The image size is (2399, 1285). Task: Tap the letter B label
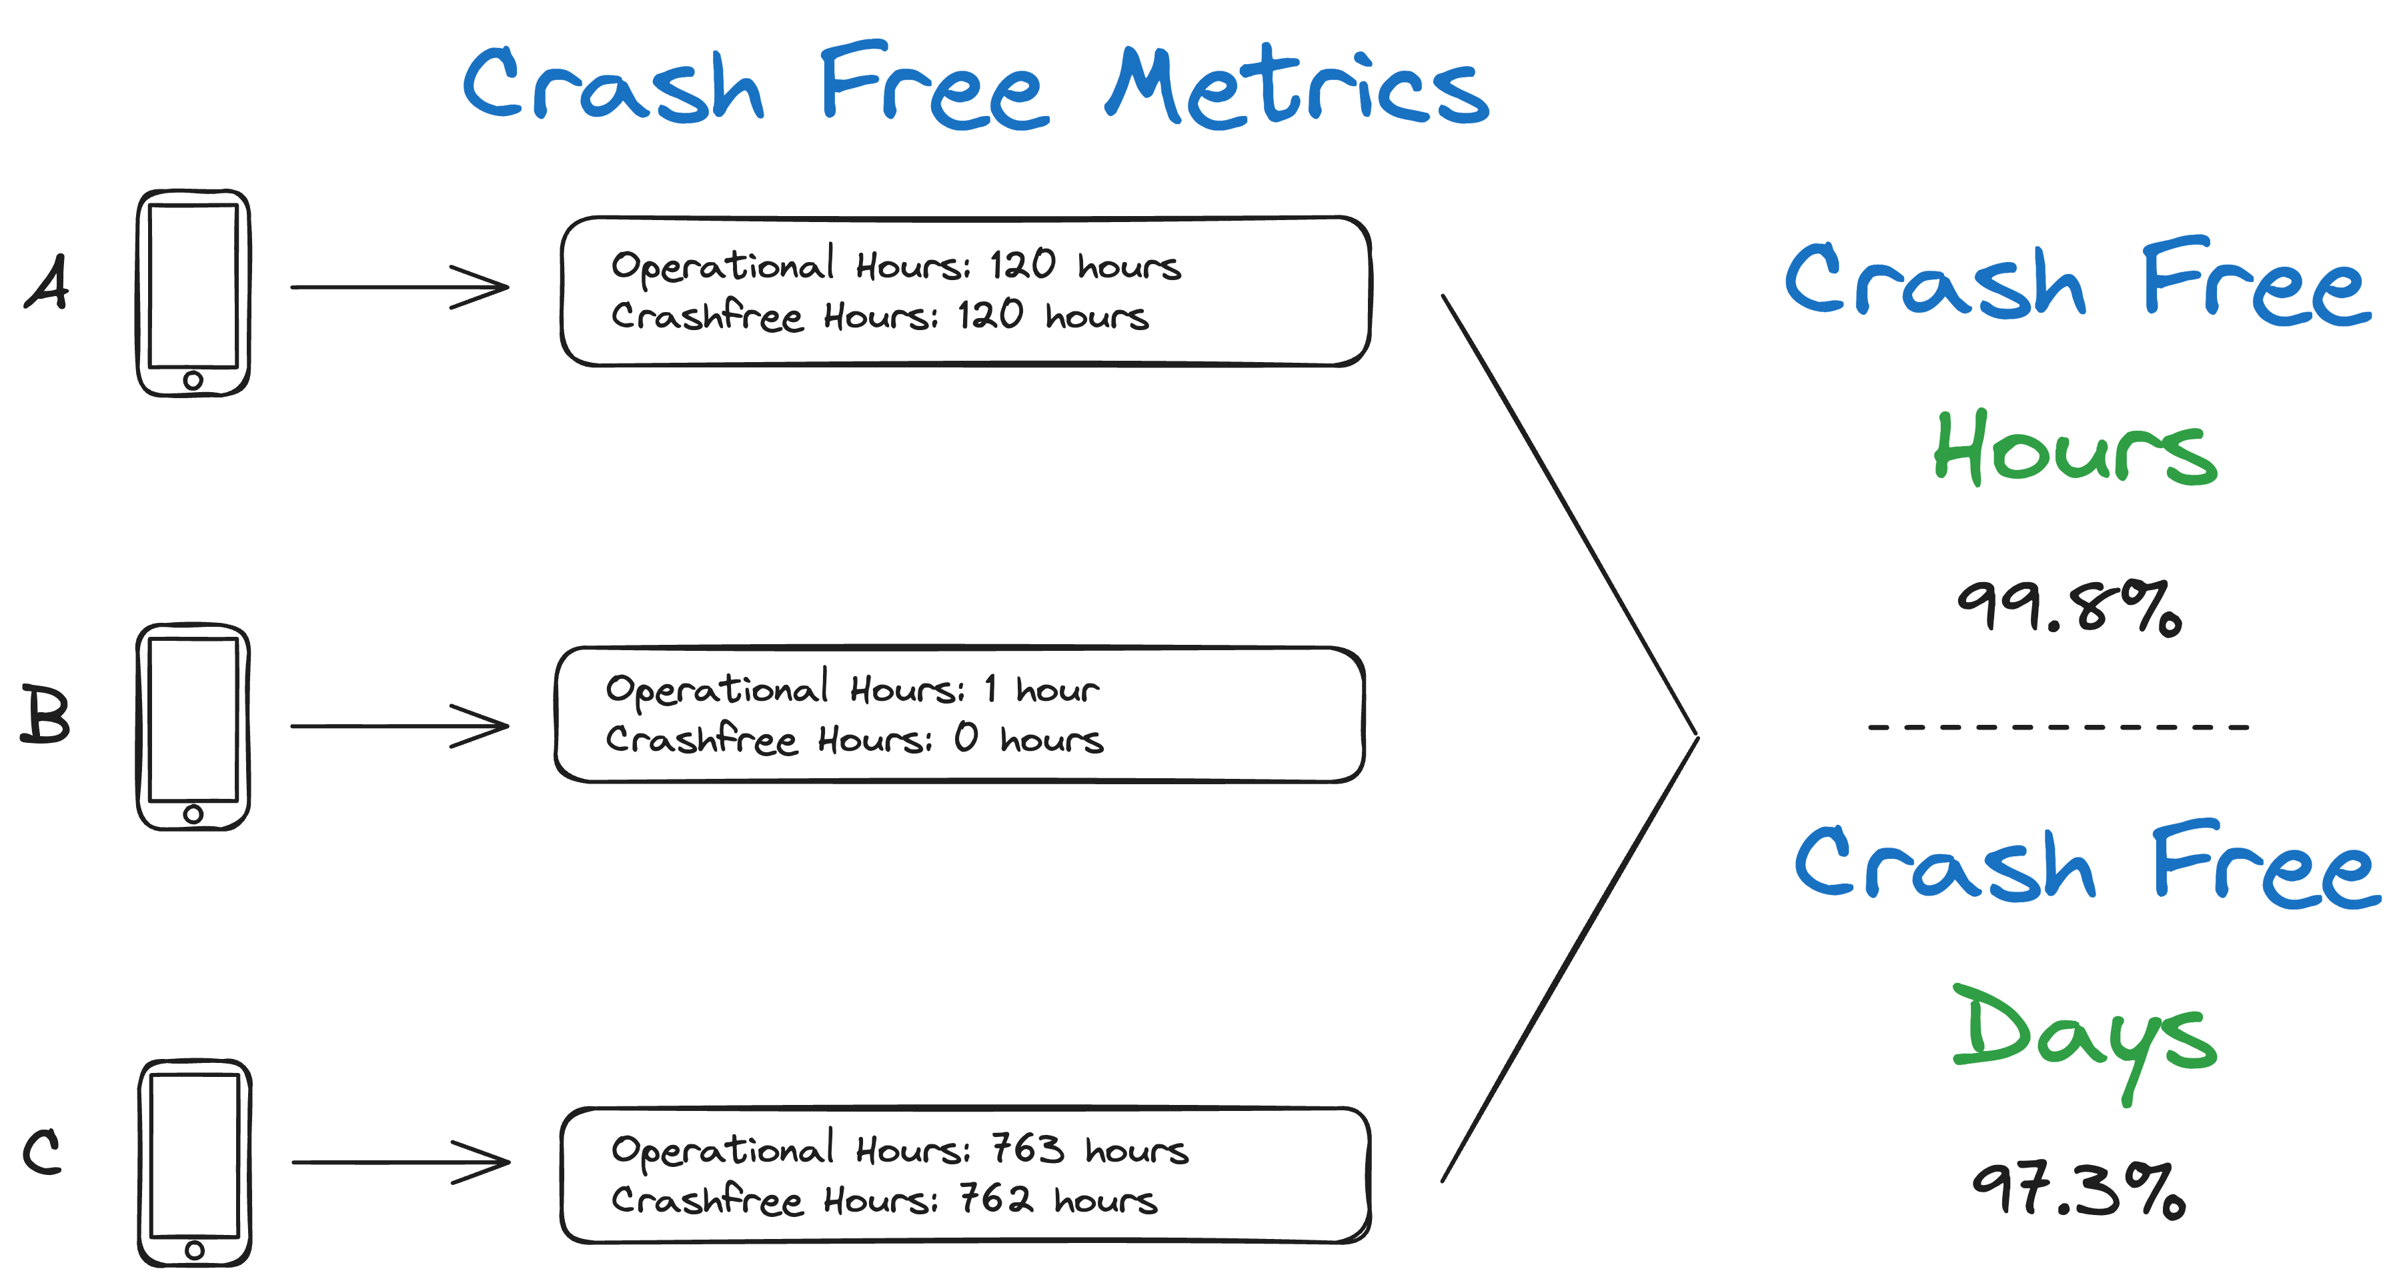click(x=45, y=714)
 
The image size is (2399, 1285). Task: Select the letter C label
click(x=42, y=1153)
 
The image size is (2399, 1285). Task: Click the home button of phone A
click(x=193, y=380)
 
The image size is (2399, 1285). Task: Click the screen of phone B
click(x=193, y=719)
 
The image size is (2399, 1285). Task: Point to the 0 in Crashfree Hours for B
click(x=966, y=738)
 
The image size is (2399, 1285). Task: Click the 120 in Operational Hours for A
click(x=1022, y=265)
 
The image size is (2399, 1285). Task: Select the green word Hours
click(x=2074, y=449)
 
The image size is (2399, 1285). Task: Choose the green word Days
click(x=2084, y=1036)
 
